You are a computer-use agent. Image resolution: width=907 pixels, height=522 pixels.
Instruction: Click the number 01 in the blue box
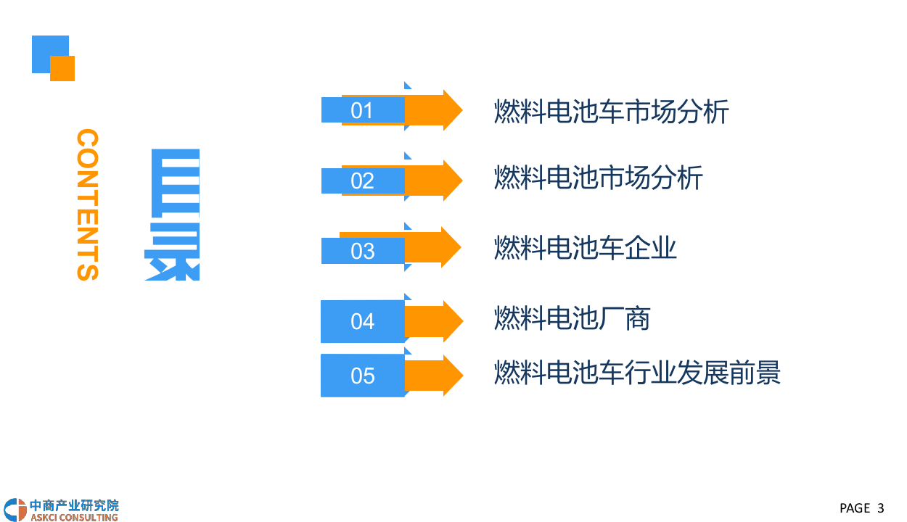[361, 110]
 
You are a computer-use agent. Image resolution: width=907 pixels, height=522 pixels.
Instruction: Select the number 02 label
[362, 181]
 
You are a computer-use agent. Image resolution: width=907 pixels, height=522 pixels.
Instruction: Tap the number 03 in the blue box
[362, 251]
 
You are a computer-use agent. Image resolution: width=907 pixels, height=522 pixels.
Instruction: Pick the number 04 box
[362, 321]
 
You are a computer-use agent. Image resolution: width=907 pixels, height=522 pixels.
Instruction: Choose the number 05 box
[362, 376]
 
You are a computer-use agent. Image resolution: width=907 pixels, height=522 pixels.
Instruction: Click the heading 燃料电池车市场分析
[611, 112]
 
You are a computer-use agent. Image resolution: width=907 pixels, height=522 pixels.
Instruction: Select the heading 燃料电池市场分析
[598, 178]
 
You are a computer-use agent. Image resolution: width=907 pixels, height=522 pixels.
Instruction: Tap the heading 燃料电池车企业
[585, 248]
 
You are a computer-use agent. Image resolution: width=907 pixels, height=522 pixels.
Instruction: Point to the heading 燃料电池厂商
[572, 318]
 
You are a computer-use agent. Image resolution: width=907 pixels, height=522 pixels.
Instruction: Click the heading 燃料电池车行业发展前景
[637, 373]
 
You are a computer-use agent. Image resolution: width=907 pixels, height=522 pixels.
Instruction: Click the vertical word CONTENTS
[87, 204]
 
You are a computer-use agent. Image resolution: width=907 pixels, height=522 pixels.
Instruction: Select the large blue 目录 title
[173, 214]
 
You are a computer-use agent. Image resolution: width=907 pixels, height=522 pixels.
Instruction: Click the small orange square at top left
[62, 68]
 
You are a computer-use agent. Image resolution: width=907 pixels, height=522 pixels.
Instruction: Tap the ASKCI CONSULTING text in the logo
[74, 517]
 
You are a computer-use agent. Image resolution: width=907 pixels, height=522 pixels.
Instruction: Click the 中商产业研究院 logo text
[74, 505]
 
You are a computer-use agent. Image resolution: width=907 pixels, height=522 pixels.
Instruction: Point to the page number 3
[880, 507]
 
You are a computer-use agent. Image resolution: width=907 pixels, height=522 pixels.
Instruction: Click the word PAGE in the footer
[854, 507]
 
